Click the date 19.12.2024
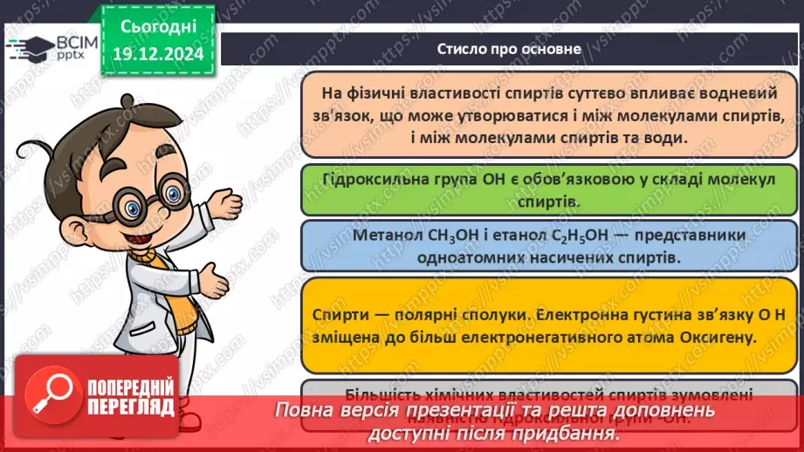tap(160, 53)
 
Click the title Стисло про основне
tap(509, 49)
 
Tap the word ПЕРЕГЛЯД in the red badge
tap(128, 421)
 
